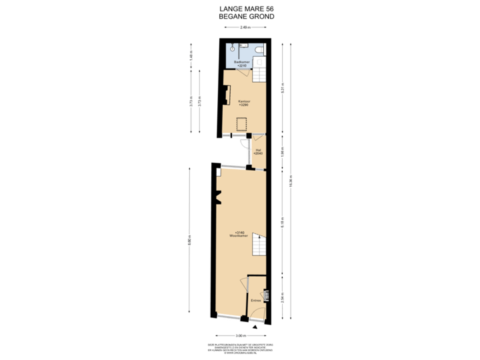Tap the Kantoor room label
(x=243, y=103)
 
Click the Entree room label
(x=255, y=301)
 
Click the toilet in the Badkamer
(x=259, y=50)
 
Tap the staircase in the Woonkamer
(x=259, y=249)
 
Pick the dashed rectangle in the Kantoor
(x=242, y=123)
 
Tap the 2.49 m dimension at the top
(x=245, y=27)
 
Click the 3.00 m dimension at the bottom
(x=241, y=336)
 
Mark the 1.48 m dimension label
(x=191, y=57)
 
